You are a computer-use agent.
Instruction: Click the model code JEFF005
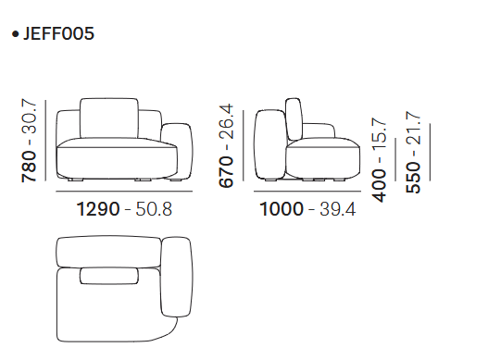click(x=58, y=33)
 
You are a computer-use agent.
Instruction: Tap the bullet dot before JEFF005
click(x=15, y=34)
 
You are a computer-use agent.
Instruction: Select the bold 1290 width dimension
click(x=98, y=209)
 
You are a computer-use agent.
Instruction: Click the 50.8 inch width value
click(x=154, y=209)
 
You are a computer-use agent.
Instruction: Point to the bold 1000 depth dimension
click(x=282, y=209)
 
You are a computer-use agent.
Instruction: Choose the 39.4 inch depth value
click(x=337, y=209)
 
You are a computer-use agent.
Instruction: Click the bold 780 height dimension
click(x=29, y=167)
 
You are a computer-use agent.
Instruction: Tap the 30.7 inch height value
click(x=29, y=116)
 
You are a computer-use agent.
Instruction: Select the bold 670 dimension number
click(x=226, y=172)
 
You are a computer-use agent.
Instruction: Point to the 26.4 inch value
click(x=226, y=121)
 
